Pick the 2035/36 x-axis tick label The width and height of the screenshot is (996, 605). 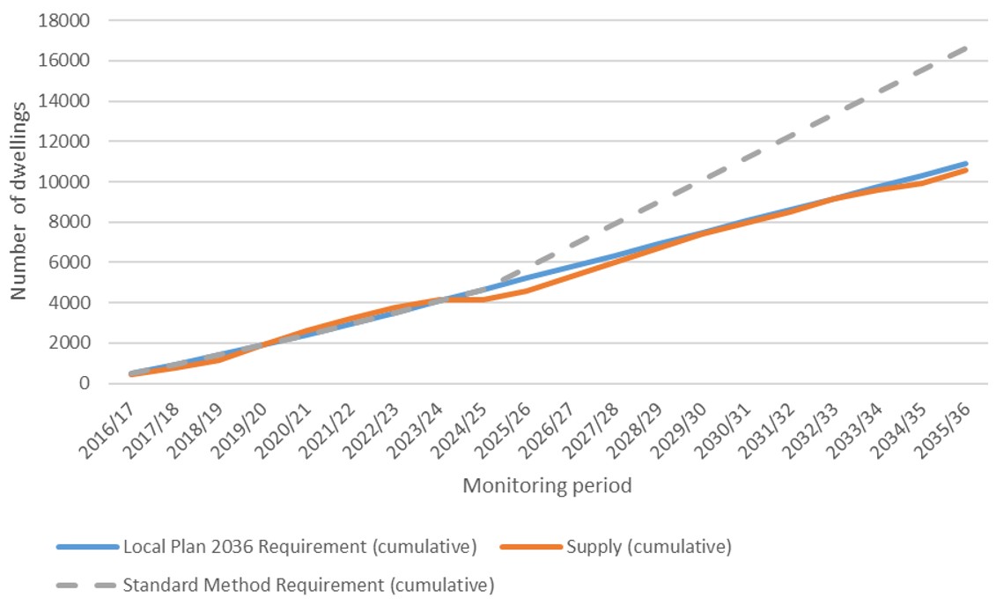pyautogui.click(x=945, y=423)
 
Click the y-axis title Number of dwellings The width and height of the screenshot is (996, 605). pyautogui.click(x=19, y=201)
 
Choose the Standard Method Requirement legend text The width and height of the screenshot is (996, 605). pyautogui.click(x=308, y=584)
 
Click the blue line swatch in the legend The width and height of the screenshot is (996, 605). pyautogui.click(x=86, y=547)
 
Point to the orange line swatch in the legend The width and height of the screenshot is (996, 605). pyautogui.click(x=530, y=547)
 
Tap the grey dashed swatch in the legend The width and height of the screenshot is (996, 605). pyautogui.click(x=86, y=584)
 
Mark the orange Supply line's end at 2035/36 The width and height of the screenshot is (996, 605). pyautogui.click(x=967, y=170)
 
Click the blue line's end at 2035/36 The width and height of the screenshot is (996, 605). pyautogui.click(x=967, y=163)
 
